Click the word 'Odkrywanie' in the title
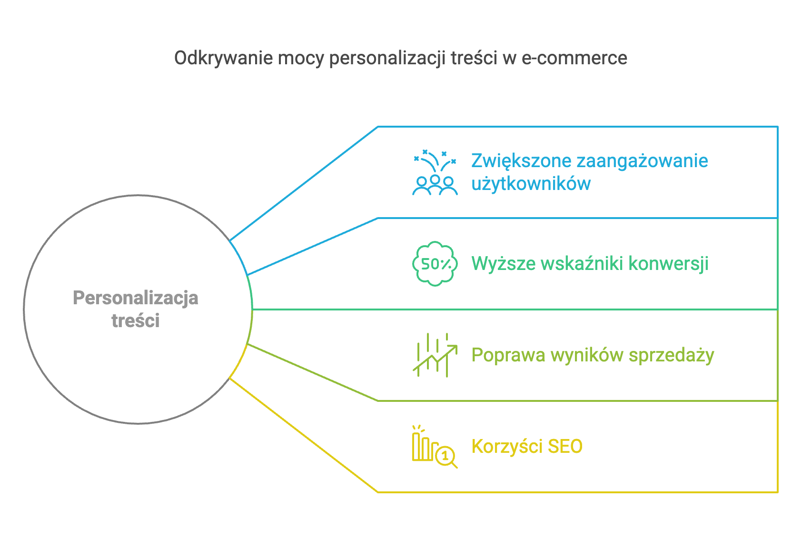click(223, 59)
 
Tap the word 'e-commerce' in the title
click(574, 58)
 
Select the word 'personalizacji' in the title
click(387, 59)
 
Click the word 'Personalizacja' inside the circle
click(135, 299)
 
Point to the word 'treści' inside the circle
click(135, 320)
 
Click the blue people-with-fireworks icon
click(435, 172)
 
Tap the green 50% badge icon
click(435, 264)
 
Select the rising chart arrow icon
click(435, 355)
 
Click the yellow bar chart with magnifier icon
click(435, 447)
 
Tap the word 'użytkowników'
click(531, 184)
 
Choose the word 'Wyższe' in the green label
click(503, 264)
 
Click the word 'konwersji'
click(669, 264)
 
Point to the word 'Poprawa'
click(508, 355)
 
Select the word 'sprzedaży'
click(671, 355)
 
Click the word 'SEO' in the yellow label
click(565, 447)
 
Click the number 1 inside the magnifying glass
click(445, 456)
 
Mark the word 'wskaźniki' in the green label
click(582, 264)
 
